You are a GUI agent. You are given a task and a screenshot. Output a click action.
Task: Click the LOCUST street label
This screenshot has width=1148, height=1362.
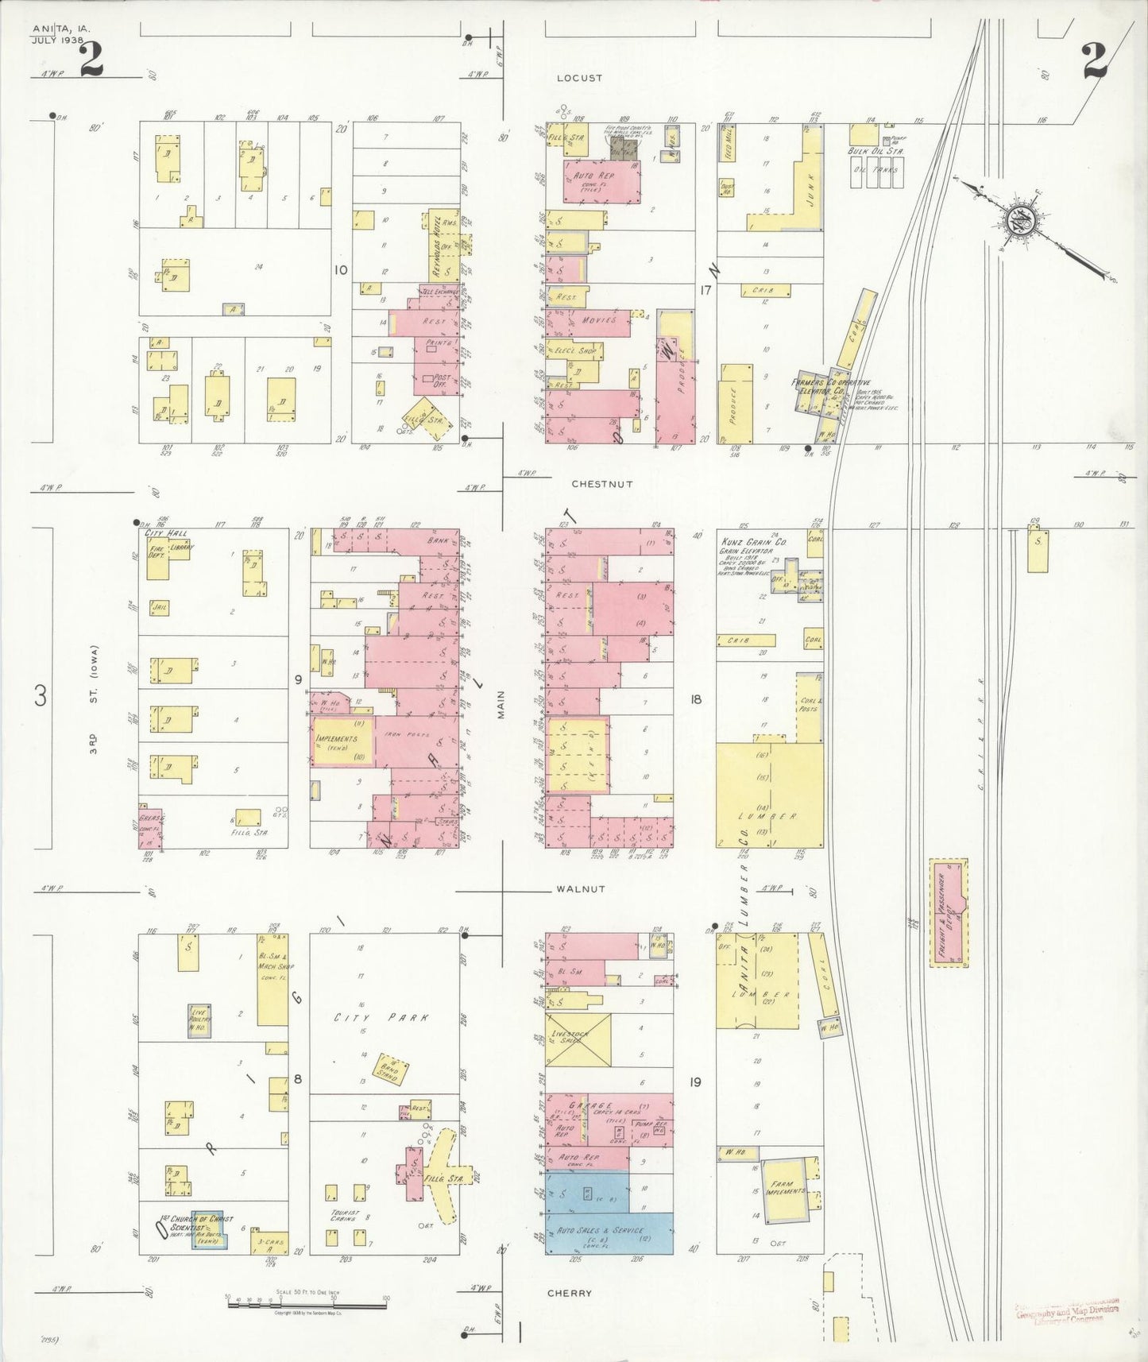click(x=579, y=78)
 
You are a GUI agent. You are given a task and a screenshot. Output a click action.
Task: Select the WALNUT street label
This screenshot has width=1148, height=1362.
click(x=581, y=889)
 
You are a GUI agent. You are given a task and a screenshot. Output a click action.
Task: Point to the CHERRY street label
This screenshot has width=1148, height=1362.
click(x=570, y=1293)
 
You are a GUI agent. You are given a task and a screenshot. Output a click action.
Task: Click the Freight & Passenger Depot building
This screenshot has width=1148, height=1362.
click(x=949, y=913)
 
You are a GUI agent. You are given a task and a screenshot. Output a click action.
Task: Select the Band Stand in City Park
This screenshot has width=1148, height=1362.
click(x=390, y=1071)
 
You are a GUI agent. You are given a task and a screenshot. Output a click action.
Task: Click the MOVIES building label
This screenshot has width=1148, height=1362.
click(x=599, y=319)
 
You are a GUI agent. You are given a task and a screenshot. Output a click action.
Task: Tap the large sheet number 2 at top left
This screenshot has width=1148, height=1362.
click(x=91, y=60)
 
